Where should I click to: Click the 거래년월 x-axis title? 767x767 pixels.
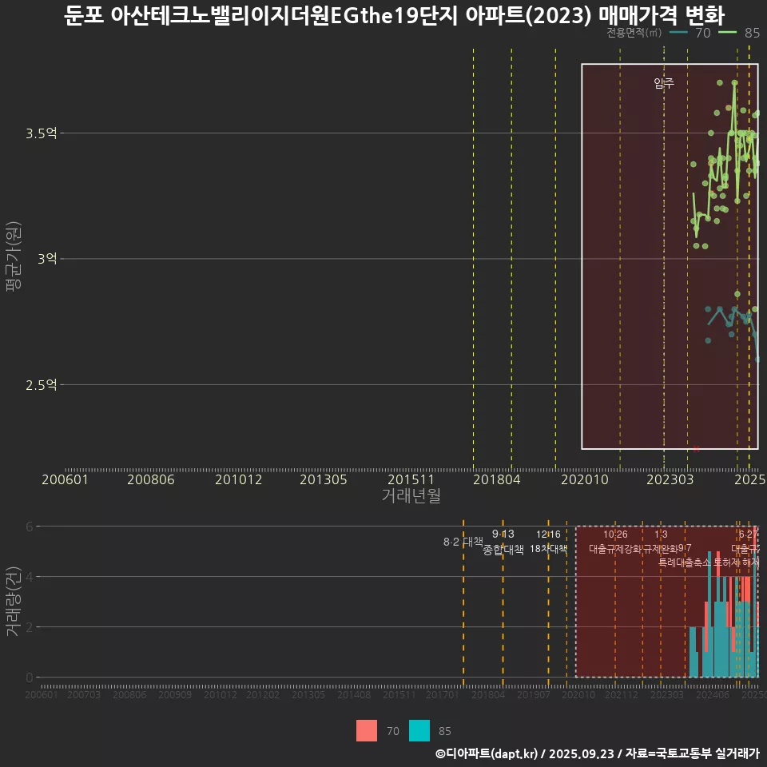click(x=411, y=495)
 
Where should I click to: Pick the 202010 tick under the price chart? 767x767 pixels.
click(x=583, y=480)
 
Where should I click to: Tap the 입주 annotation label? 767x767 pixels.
click(x=664, y=83)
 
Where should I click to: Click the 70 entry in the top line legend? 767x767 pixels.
click(x=703, y=33)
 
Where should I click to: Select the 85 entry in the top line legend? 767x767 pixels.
click(x=751, y=33)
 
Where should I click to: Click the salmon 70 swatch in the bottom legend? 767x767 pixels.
click(x=367, y=730)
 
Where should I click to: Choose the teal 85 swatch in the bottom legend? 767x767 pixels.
click(x=419, y=730)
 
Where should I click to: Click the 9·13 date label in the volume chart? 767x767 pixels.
click(x=503, y=534)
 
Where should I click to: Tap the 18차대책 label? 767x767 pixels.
click(x=548, y=549)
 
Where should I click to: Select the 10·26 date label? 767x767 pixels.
click(x=615, y=534)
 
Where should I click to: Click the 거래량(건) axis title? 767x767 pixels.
click(x=14, y=602)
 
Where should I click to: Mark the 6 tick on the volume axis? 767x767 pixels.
click(x=30, y=527)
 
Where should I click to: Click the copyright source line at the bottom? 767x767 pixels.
click(x=597, y=753)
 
